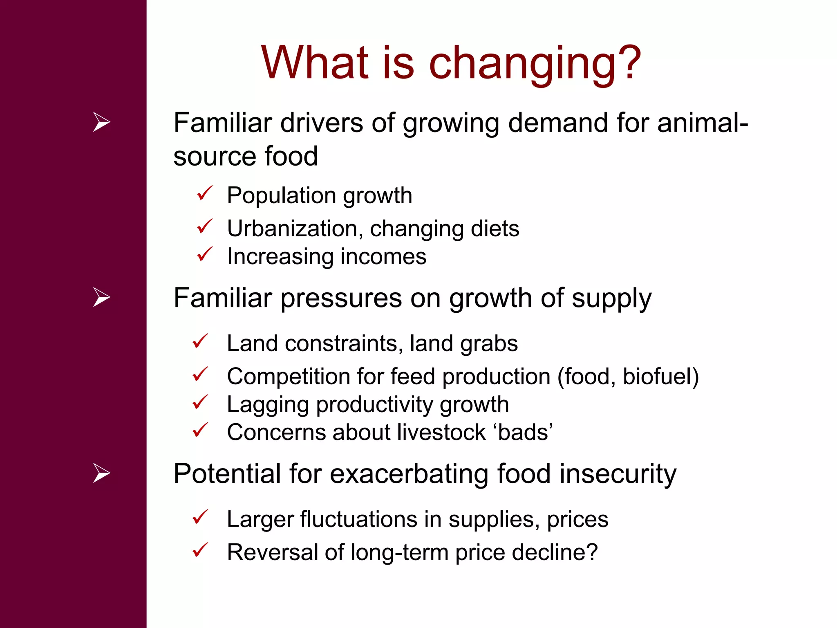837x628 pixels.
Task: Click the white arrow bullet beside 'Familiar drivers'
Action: tap(101, 122)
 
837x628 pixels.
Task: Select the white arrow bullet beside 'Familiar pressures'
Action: tap(101, 297)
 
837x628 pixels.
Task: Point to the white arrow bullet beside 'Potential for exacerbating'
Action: tap(101, 473)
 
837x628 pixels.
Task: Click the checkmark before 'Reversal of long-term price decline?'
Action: tap(200, 550)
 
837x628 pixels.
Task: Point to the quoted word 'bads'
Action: tap(525, 433)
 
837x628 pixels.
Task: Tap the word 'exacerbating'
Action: tap(409, 474)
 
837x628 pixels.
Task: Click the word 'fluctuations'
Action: tap(358, 520)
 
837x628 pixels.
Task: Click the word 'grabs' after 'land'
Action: tap(489, 344)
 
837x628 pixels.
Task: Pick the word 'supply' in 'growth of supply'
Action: tap(611, 299)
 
